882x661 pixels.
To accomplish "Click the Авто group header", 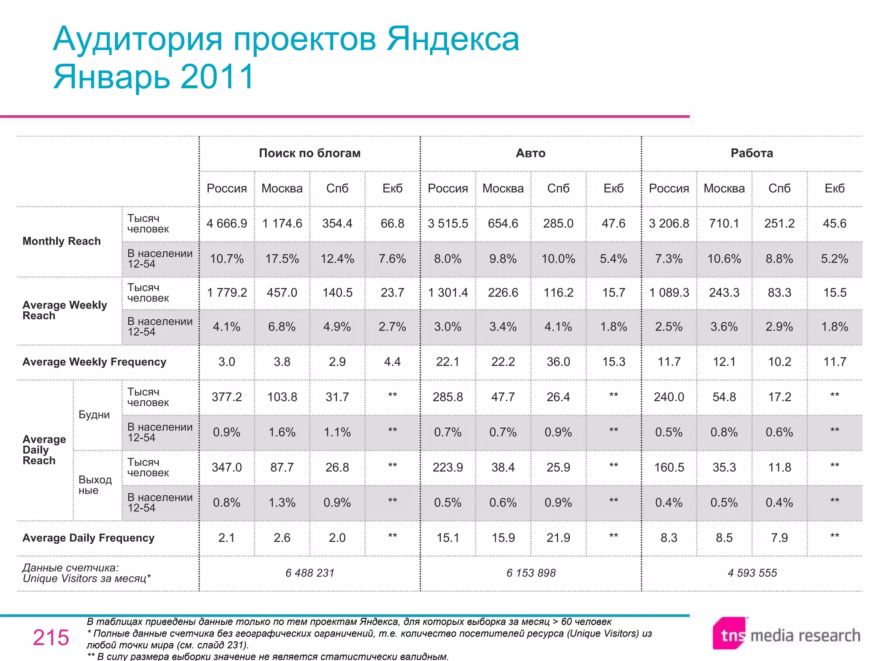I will pyautogui.click(x=530, y=153).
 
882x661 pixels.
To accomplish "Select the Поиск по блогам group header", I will pyautogui.click(x=310, y=153).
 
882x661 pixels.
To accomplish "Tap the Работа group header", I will pyautogui.click(x=752, y=153).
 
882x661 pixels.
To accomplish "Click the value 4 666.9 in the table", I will pyautogui.click(x=227, y=223).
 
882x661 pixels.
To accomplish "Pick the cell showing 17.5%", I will pyautogui.click(x=282, y=259).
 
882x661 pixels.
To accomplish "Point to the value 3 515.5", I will pyautogui.click(x=447, y=223).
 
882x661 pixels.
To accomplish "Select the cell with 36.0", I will pyautogui.click(x=558, y=361).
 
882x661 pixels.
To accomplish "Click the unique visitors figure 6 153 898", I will pyautogui.click(x=531, y=573).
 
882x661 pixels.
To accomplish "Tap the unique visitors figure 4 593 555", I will pyautogui.click(x=752, y=573).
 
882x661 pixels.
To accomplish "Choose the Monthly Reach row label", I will pyautogui.click(x=62, y=241).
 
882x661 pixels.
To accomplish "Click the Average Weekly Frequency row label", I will pyautogui.click(x=94, y=362).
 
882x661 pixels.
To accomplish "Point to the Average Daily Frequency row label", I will pyautogui.click(x=88, y=538).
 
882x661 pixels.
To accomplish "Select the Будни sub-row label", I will pyautogui.click(x=94, y=415).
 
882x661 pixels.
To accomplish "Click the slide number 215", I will pyautogui.click(x=51, y=637).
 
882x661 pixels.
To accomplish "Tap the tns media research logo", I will pyautogui.click(x=786, y=634).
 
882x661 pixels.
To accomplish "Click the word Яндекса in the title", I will pyautogui.click(x=453, y=39).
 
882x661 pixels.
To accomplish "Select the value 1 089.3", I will pyautogui.click(x=669, y=293).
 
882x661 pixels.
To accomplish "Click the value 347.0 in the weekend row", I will pyautogui.click(x=227, y=467).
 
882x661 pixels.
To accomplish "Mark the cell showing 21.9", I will pyautogui.click(x=558, y=537).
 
